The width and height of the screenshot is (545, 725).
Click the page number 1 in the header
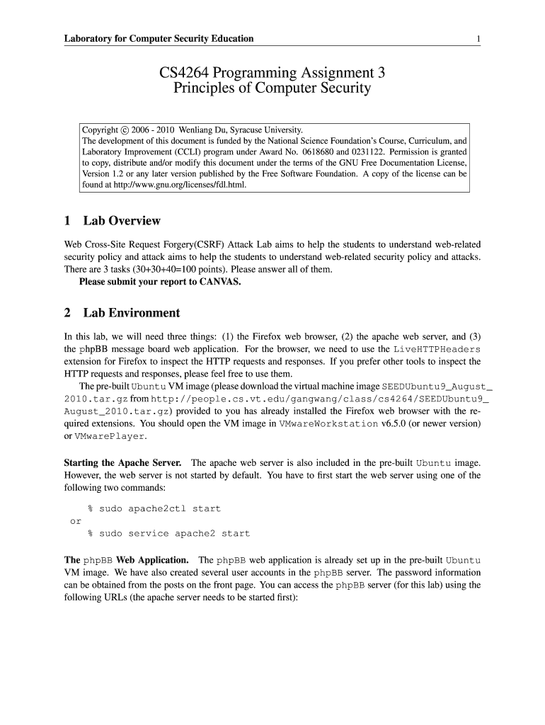pos(479,38)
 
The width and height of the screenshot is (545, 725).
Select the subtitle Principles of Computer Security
pos(272,89)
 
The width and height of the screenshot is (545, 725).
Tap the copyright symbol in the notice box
pos(125,130)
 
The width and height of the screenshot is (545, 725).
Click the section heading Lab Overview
pos(122,221)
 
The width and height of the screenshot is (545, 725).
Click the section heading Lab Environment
pos(131,313)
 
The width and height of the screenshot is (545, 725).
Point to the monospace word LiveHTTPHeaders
pos(437,350)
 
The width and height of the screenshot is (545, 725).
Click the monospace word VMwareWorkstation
pos(328,424)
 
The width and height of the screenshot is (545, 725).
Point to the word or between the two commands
pos(75,521)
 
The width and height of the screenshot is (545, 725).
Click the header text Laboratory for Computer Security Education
pos(159,38)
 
